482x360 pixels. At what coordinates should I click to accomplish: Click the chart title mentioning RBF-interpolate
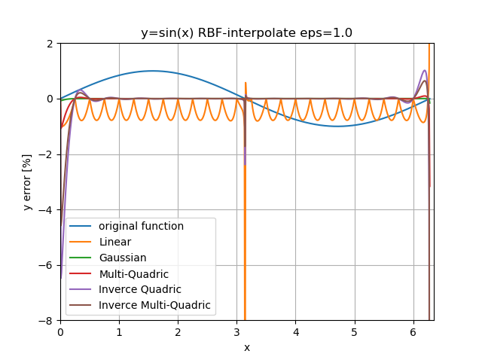point(246,33)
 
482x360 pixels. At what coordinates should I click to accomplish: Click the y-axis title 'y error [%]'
point(27,182)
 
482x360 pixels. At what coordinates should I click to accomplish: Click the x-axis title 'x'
point(246,347)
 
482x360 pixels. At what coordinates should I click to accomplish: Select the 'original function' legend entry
point(141,226)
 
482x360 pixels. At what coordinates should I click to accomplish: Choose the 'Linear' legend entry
point(115,242)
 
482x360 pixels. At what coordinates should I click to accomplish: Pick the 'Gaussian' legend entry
point(123,258)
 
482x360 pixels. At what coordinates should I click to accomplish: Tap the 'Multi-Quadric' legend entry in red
point(133,273)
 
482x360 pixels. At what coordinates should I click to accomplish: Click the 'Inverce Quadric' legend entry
point(139,290)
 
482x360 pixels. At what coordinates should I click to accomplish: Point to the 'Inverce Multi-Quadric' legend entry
point(154,306)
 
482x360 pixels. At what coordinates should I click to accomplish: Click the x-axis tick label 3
point(236,332)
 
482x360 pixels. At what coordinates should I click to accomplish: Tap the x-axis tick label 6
point(413,332)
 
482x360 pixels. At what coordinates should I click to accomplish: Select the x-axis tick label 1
point(119,332)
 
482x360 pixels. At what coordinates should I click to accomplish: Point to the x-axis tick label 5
point(354,332)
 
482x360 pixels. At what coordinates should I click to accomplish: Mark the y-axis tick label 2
point(50,44)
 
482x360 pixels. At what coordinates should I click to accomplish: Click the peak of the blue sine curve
point(153,71)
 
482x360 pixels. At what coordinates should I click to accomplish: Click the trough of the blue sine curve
point(337,126)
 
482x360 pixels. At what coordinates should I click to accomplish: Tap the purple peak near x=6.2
point(424,71)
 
